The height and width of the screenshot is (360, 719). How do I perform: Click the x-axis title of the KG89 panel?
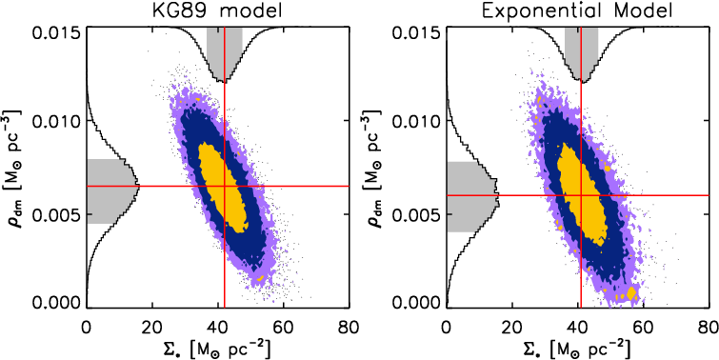(218, 348)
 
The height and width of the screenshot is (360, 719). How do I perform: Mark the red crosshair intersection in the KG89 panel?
(224, 186)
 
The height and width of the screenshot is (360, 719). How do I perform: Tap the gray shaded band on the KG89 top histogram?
(225, 48)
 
